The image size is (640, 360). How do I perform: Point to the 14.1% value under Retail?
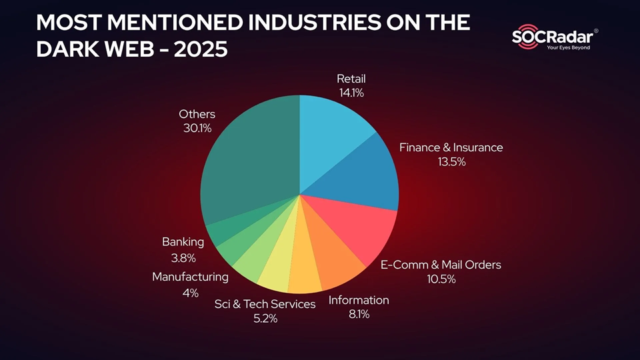click(x=350, y=93)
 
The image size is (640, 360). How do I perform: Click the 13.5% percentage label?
click(x=451, y=162)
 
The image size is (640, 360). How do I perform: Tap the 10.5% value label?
click(x=441, y=279)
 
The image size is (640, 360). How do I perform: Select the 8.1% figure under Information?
click(x=359, y=314)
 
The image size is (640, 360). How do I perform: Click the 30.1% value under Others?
click(x=197, y=128)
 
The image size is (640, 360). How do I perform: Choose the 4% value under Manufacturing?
click(x=190, y=293)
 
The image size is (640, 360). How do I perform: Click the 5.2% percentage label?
click(x=265, y=319)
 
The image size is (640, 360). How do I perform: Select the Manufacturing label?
click(x=190, y=277)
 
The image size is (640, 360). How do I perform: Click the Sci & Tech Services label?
click(x=265, y=304)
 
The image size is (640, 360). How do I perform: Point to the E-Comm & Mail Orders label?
click(x=441, y=265)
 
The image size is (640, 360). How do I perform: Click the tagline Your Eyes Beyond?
click(x=568, y=48)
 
